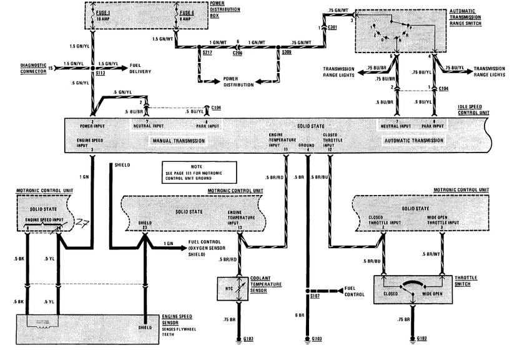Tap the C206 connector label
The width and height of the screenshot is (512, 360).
tap(237, 54)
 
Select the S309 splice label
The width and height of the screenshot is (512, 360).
tap(285, 54)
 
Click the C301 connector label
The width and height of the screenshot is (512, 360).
tap(332, 27)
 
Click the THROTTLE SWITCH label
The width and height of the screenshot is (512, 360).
tap(475, 281)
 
